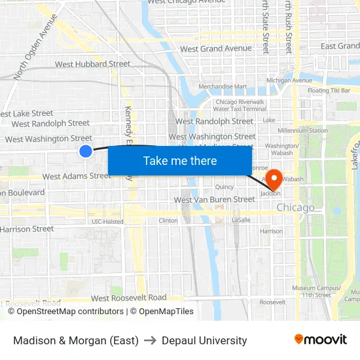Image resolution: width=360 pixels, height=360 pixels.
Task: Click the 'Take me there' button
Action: point(180,160)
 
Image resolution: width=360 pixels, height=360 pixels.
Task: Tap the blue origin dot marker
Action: point(86,151)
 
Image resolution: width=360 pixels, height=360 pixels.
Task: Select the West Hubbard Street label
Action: point(92,64)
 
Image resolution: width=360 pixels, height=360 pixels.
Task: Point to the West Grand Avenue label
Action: point(215,48)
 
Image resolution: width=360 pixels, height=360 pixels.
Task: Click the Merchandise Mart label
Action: point(223,86)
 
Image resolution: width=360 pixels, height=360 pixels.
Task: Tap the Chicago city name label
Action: point(295,207)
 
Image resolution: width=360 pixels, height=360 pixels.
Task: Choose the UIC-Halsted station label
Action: point(107,221)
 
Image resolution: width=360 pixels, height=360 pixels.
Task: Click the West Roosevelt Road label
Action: point(130,297)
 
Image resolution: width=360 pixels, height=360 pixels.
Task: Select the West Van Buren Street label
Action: point(214,199)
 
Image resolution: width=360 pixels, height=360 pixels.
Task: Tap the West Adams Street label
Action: point(77,176)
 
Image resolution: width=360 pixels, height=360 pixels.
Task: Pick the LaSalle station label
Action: point(241,221)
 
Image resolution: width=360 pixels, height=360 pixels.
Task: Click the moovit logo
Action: point(320,340)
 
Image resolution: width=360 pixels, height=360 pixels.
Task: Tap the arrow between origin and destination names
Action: point(150,340)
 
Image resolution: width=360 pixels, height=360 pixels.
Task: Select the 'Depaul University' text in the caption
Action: point(204,340)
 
